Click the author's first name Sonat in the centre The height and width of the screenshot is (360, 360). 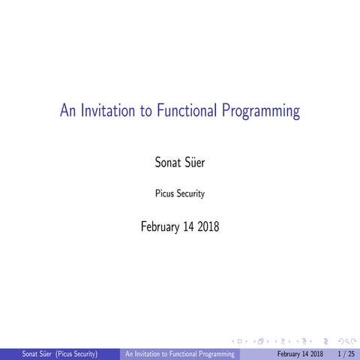pyautogui.click(x=165, y=160)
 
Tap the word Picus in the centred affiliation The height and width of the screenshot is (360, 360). pyautogui.click(x=164, y=193)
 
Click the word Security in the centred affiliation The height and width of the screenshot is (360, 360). pyautogui.click(x=190, y=193)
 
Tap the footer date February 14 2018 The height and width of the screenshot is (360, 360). pyautogui.click(x=300, y=353)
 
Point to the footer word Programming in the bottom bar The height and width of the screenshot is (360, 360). pyautogui.click(x=214, y=353)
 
